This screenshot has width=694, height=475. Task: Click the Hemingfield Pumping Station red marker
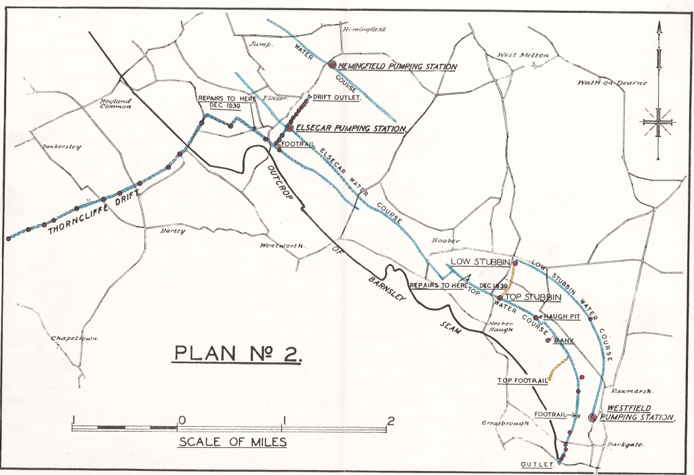[332, 64]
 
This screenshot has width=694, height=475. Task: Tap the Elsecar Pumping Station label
[351, 128]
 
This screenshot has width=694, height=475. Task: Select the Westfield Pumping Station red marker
[592, 418]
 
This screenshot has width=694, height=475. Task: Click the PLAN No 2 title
[238, 354]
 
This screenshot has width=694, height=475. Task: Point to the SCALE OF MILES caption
[232, 442]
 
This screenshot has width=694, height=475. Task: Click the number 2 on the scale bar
[390, 419]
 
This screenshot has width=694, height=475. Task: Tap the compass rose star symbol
[657, 123]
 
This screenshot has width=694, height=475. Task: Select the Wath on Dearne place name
[612, 83]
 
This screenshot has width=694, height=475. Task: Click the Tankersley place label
[62, 146]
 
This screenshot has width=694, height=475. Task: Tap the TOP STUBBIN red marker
[499, 298]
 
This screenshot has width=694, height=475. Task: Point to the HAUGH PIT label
[559, 317]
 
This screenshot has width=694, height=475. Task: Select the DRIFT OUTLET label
[335, 97]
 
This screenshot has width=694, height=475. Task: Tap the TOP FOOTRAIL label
[522, 381]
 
